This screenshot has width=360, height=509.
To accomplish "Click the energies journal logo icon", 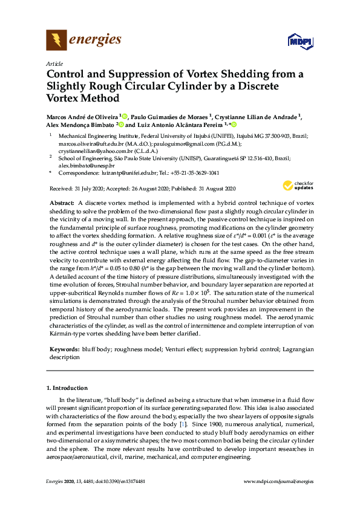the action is [x=56, y=41].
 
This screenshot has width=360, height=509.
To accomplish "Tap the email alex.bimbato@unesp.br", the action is [x=83, y=164].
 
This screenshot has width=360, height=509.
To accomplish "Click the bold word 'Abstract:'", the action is [x=61, y=203].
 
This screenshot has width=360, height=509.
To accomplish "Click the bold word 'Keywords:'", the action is [x=63, y=349].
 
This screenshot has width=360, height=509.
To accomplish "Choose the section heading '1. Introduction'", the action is [x=67, y=387].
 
